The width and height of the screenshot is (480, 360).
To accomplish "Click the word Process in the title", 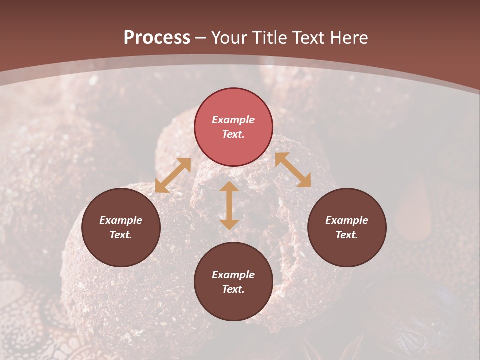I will point(157,38).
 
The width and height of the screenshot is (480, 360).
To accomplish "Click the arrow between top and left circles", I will point(173,175).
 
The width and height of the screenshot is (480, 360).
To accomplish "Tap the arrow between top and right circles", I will point(293,170).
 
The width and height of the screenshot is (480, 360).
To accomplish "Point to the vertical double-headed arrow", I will point(229,205).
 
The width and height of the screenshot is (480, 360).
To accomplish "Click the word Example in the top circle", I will point(233,120).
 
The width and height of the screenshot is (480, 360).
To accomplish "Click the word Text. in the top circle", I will point(233,134).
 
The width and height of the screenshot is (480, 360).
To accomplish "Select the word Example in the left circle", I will point(121,220).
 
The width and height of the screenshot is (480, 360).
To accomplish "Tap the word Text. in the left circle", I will point(121,235).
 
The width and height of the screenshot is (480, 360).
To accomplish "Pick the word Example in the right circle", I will point(347,220).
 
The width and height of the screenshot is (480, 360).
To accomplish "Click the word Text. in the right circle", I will point(347,235).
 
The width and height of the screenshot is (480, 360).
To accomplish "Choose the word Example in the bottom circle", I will point(233,275).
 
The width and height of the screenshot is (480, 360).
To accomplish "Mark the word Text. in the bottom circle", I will point(233,289).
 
